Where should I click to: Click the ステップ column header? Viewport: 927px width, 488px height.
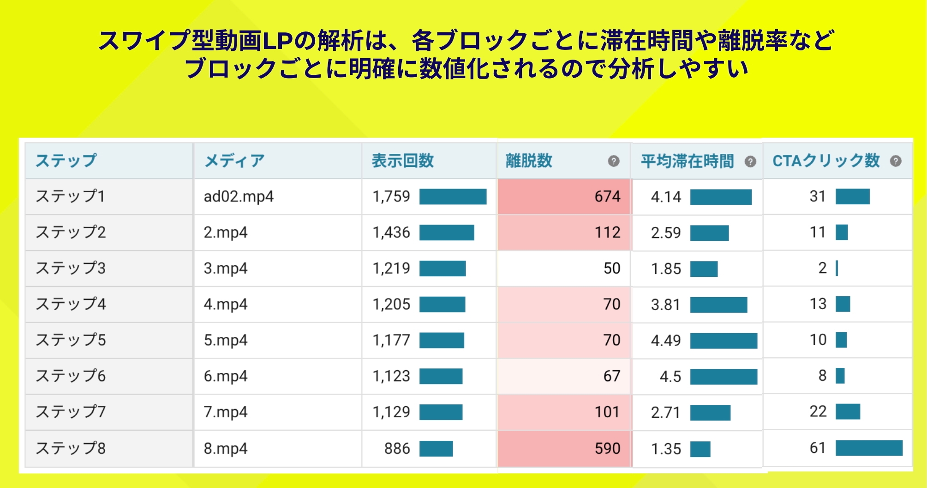(x=66, y=160)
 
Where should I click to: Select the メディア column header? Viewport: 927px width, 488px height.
(x=234, y=160)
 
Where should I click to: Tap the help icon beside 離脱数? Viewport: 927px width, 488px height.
(x=613, y=161)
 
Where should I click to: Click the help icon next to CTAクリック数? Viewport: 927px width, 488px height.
(x=896, y=161)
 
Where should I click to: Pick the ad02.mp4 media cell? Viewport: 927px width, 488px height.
(x=239, y=196)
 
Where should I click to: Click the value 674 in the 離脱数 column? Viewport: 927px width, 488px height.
(x=607, y=196)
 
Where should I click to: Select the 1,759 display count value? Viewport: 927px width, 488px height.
(x=391, y=196)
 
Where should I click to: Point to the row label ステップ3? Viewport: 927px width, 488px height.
(x=71, y=268)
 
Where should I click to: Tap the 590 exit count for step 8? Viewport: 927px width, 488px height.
(x=607, y=448)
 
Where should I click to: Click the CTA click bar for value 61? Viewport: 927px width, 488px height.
(x=868, y=448)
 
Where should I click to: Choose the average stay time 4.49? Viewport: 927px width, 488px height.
(x=666, y=341)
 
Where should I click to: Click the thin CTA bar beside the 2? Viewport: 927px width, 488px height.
(x=837, y=268)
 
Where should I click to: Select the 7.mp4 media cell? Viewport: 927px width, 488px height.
(x=226, y=412)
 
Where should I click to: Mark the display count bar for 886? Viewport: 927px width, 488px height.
(x=436, y=448)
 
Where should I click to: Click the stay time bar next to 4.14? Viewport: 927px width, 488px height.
(x=721, y=197)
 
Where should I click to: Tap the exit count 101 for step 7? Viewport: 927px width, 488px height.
(x=607, y=412)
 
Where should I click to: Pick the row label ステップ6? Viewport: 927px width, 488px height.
(x=71, y=376)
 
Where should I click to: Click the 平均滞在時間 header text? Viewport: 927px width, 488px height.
(x=687, y=161)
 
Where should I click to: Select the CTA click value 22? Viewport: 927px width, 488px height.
(x=818, y=411)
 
